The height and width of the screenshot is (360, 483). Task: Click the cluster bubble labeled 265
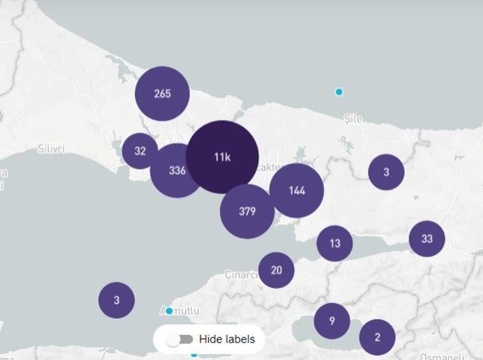pos(163,93)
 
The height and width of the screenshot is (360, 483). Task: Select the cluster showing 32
pos(140,151)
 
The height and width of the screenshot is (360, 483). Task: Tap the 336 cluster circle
pos(176,171)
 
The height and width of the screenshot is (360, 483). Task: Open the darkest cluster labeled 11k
pos(222,157)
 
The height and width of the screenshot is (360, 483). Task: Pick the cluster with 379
pos(247,211)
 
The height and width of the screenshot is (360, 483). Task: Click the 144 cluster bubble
pos(297,191)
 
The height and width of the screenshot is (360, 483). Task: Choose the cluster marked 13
pos(334,243)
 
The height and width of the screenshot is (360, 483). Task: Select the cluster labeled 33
pos(427,239)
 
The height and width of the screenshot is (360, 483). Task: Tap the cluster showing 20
pos(276,270)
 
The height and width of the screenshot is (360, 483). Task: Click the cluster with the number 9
pos(332,321)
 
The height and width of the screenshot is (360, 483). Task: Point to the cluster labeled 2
pos(378,337)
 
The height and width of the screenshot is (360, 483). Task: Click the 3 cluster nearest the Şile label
pos(386,172)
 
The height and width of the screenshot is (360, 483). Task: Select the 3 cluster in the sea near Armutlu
pos(116,300)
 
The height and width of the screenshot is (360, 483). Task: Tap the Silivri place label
pos(51,148)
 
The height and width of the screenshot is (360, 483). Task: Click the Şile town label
pos(354,119)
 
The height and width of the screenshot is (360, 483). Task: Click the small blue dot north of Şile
pos(339,92)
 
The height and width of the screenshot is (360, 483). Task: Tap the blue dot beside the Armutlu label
pos(169,311)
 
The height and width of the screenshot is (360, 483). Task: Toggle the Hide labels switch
pos(179,339)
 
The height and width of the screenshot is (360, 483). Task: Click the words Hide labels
pos(227,339)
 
